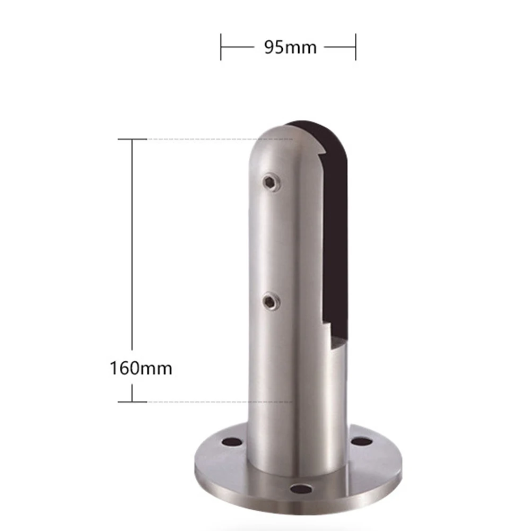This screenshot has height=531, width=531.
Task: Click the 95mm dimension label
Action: coord(290,47)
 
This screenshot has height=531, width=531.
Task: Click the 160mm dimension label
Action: coord(141,368)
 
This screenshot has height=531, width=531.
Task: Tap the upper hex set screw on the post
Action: coord(271,183)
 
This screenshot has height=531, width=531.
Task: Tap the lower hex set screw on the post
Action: coord(271,301)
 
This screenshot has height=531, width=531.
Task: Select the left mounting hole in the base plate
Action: coord(232,441)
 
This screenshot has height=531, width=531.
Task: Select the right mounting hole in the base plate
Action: coord(361,441)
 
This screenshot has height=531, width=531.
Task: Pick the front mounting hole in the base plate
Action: coord(301,489)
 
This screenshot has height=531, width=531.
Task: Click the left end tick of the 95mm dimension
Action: coord(221,47)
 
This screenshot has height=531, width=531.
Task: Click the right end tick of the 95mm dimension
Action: coord(355,47)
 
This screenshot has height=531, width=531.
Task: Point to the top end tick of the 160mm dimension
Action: coord(132,139)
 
